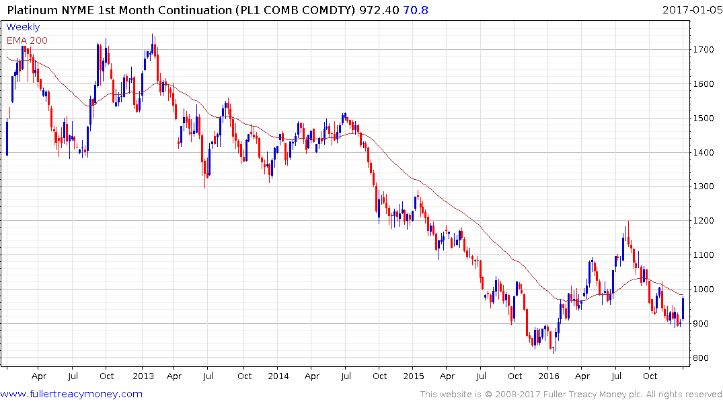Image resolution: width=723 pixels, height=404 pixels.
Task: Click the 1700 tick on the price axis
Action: (704, 50)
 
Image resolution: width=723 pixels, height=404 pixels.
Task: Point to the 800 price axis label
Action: (701, 358)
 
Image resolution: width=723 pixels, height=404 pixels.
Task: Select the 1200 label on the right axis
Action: (704, 221)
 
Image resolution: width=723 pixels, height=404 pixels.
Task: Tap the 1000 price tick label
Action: (704, 290)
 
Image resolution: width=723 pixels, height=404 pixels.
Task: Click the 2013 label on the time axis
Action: (143, 376)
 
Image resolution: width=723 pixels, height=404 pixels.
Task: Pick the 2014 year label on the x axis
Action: (278, 376)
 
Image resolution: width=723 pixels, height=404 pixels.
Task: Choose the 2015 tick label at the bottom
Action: (414, 376)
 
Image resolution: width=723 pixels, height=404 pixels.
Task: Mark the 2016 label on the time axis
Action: (549, 376)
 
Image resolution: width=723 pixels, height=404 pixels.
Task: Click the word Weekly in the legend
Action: (23, 28)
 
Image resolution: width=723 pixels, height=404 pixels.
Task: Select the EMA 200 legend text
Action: (28, 40)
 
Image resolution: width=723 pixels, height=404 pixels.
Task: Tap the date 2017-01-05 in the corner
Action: (690, 9)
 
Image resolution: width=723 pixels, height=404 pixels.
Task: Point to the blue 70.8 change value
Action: (416, 9)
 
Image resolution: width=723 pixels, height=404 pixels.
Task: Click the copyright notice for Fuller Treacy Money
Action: (571, 394)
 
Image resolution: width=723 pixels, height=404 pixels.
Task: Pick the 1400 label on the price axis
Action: (704, 152)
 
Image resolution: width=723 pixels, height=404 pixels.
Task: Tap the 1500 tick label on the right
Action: (704, 119)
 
